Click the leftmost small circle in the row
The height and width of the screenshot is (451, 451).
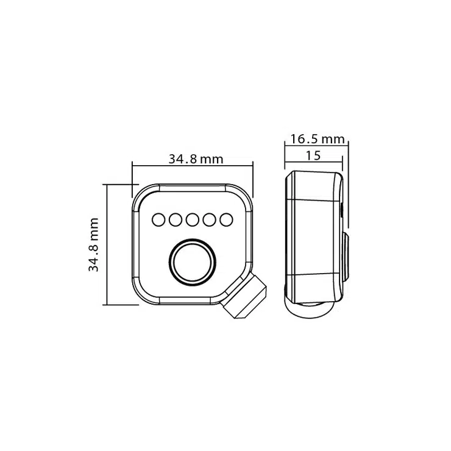pos(158,220)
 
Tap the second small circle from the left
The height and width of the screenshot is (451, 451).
pos(176,220)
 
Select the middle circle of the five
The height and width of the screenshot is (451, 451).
pos(193,220)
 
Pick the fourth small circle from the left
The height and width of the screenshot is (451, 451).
pos(209,220)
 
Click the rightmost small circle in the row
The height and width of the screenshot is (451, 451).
pos(226,220)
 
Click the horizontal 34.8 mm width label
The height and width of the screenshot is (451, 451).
pos(196,159)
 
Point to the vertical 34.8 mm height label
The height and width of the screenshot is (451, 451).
pos(93,244)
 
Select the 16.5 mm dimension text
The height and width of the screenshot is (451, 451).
pos(318,139)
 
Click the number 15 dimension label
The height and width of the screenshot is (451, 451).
pos(313,155)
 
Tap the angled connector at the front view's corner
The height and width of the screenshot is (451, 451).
pos(244,297)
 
